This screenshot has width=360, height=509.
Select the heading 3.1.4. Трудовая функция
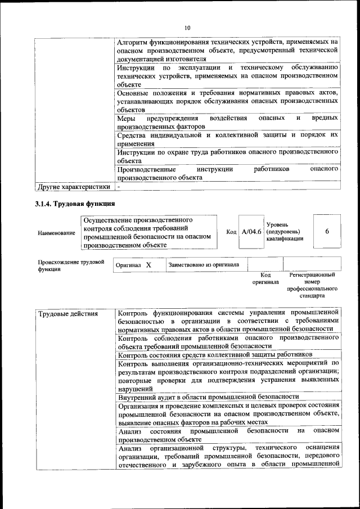point(75,204)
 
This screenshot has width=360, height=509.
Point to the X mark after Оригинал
point(148,264)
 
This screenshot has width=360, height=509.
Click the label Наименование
point(56,232)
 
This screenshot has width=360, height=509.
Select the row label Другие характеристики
point(73,186)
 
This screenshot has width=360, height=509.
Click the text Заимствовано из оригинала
point(204,264)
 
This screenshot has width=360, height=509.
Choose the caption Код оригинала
point(265,278)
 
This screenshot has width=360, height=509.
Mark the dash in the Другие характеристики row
point(119,186)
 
